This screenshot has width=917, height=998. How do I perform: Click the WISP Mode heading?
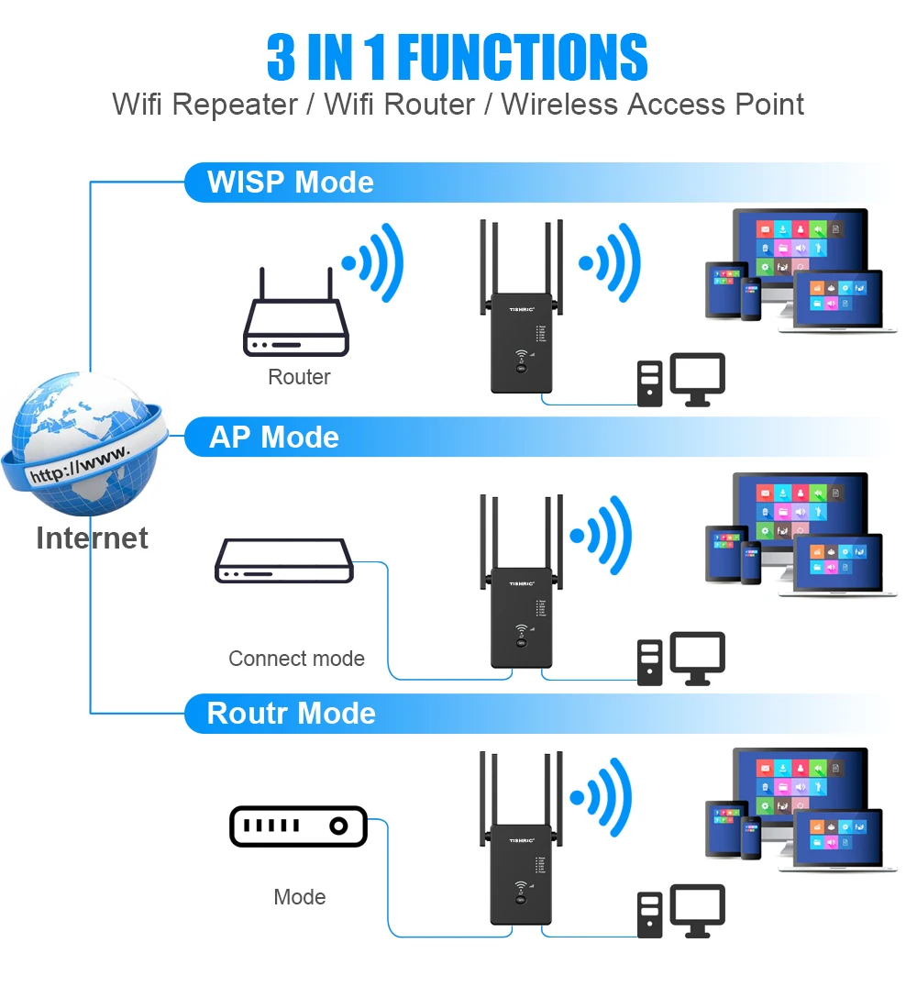click(290, 182)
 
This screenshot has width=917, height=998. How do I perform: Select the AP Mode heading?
click(274, 437)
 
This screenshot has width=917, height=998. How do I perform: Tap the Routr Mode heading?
click(291, 713)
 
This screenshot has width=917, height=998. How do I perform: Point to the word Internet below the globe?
click(92, 538)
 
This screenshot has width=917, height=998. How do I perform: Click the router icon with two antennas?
click(295, 317)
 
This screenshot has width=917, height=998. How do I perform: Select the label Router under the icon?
click(299, 377)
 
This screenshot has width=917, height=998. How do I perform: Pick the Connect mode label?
click(296, 659)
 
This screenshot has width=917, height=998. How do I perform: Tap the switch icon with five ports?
click(297, 826)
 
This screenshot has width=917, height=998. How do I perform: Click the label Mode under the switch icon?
click(300, 897)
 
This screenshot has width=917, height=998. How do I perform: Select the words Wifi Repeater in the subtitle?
click(204, 105)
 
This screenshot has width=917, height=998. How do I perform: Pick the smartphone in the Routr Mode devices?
click(751, 839)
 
